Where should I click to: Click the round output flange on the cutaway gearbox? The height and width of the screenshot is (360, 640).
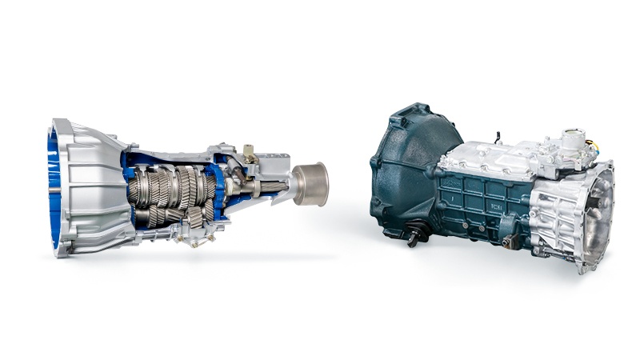click(310, 183)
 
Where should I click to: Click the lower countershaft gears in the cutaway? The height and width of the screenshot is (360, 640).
click(172, 214)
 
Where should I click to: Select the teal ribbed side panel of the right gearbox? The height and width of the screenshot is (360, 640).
click(480, 208)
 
